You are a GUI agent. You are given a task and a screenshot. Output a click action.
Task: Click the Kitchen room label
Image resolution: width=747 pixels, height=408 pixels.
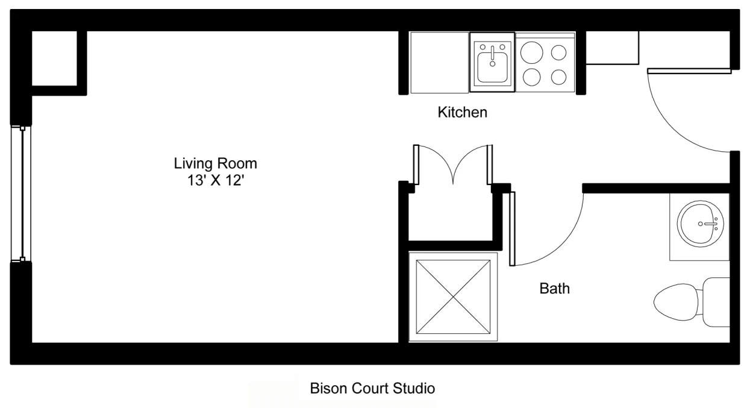(x=462, y=112)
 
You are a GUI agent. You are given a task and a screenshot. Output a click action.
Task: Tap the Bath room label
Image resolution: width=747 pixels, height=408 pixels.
(x=554, y=289)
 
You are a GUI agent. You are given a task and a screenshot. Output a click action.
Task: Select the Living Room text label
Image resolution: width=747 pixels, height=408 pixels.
(x=216, y=163)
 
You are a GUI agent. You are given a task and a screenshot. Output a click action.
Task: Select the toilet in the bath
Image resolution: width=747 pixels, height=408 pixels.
(x=681, y=301)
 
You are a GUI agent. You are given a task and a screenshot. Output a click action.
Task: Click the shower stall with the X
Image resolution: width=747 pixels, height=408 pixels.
(x=454, y=296)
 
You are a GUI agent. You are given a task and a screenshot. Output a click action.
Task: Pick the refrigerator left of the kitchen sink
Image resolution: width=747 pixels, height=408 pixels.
(x=439, y=63)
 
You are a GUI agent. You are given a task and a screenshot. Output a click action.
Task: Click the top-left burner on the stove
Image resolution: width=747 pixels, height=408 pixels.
(x=531, y=52)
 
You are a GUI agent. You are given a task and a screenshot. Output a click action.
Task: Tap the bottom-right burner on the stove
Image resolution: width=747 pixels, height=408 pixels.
(x=559, y=77)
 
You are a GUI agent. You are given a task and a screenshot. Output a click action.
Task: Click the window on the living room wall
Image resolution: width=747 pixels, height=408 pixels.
(x=22, y=194)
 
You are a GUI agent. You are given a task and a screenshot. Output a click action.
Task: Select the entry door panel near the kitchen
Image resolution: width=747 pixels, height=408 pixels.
(x=689, y=71)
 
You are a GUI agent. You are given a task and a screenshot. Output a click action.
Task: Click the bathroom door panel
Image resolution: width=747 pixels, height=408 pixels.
(x=512, y=229)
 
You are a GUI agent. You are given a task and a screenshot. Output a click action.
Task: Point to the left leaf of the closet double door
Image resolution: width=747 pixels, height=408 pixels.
(x=415, y=165)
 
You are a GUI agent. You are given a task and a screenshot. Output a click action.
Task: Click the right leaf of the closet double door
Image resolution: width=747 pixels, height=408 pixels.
(x=489, y=165)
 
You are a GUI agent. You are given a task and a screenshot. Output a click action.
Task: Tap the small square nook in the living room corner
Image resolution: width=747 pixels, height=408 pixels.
(x=54, y=58)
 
